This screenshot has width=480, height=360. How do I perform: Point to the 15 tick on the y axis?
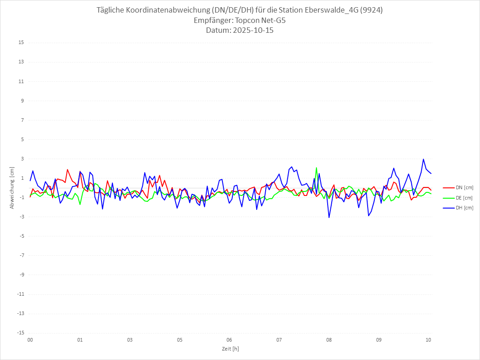[21, 43]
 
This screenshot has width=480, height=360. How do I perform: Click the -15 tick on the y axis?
[20, 333]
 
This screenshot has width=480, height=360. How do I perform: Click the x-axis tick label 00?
[30, 340]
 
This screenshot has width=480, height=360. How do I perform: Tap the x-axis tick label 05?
[179, 340]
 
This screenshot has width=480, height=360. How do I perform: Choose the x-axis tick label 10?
[428, 340]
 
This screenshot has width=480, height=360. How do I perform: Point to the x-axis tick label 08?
[329, 340]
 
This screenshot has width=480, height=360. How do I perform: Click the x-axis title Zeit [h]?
[231, 348]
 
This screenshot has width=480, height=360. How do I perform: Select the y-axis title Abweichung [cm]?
[12, 188]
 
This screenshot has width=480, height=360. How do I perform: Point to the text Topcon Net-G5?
[258, 21]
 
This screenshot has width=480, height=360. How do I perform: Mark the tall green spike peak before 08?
[316, 168]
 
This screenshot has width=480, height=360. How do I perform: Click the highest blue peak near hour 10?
[423, 159]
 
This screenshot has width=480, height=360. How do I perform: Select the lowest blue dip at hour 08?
[329, 218]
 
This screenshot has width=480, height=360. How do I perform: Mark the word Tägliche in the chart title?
[111, 10]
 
